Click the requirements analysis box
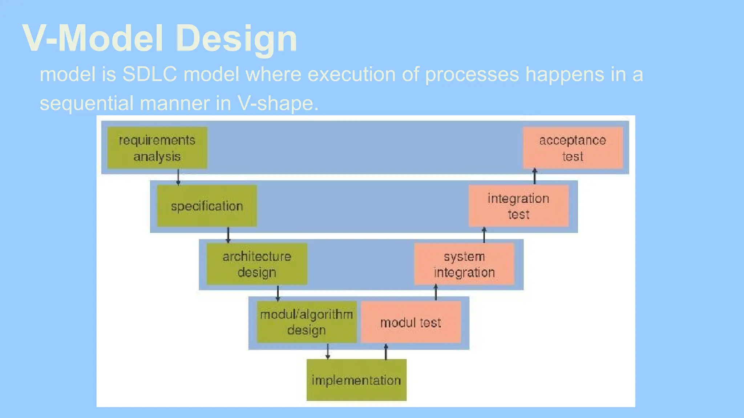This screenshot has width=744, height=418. coord(157,148)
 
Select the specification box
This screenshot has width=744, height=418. coord(207,206)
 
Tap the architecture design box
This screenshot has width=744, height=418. coord(257,264)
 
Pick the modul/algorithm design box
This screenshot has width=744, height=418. coord(306,322)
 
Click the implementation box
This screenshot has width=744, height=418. coord(356,380)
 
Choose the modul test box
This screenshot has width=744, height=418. coord(411,322)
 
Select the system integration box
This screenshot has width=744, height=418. coord(464,264)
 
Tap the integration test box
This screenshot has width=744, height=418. coord(518,206)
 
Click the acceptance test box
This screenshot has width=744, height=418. coord(573,148)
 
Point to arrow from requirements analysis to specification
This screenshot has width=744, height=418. coord(178,177)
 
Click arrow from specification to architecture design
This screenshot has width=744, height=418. coord(228,235)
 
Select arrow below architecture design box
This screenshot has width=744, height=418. coord(278,293)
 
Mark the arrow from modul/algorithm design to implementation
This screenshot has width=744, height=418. coord(328,351)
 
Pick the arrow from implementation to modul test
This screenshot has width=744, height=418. coord(386,351)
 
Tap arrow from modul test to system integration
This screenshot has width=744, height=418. coord(436,292)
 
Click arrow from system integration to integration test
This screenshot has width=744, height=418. coord(484,235)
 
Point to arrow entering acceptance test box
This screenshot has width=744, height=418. coord(534,176)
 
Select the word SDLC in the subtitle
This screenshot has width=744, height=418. coord(149,74)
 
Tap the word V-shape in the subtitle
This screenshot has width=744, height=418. coord(278,103)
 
